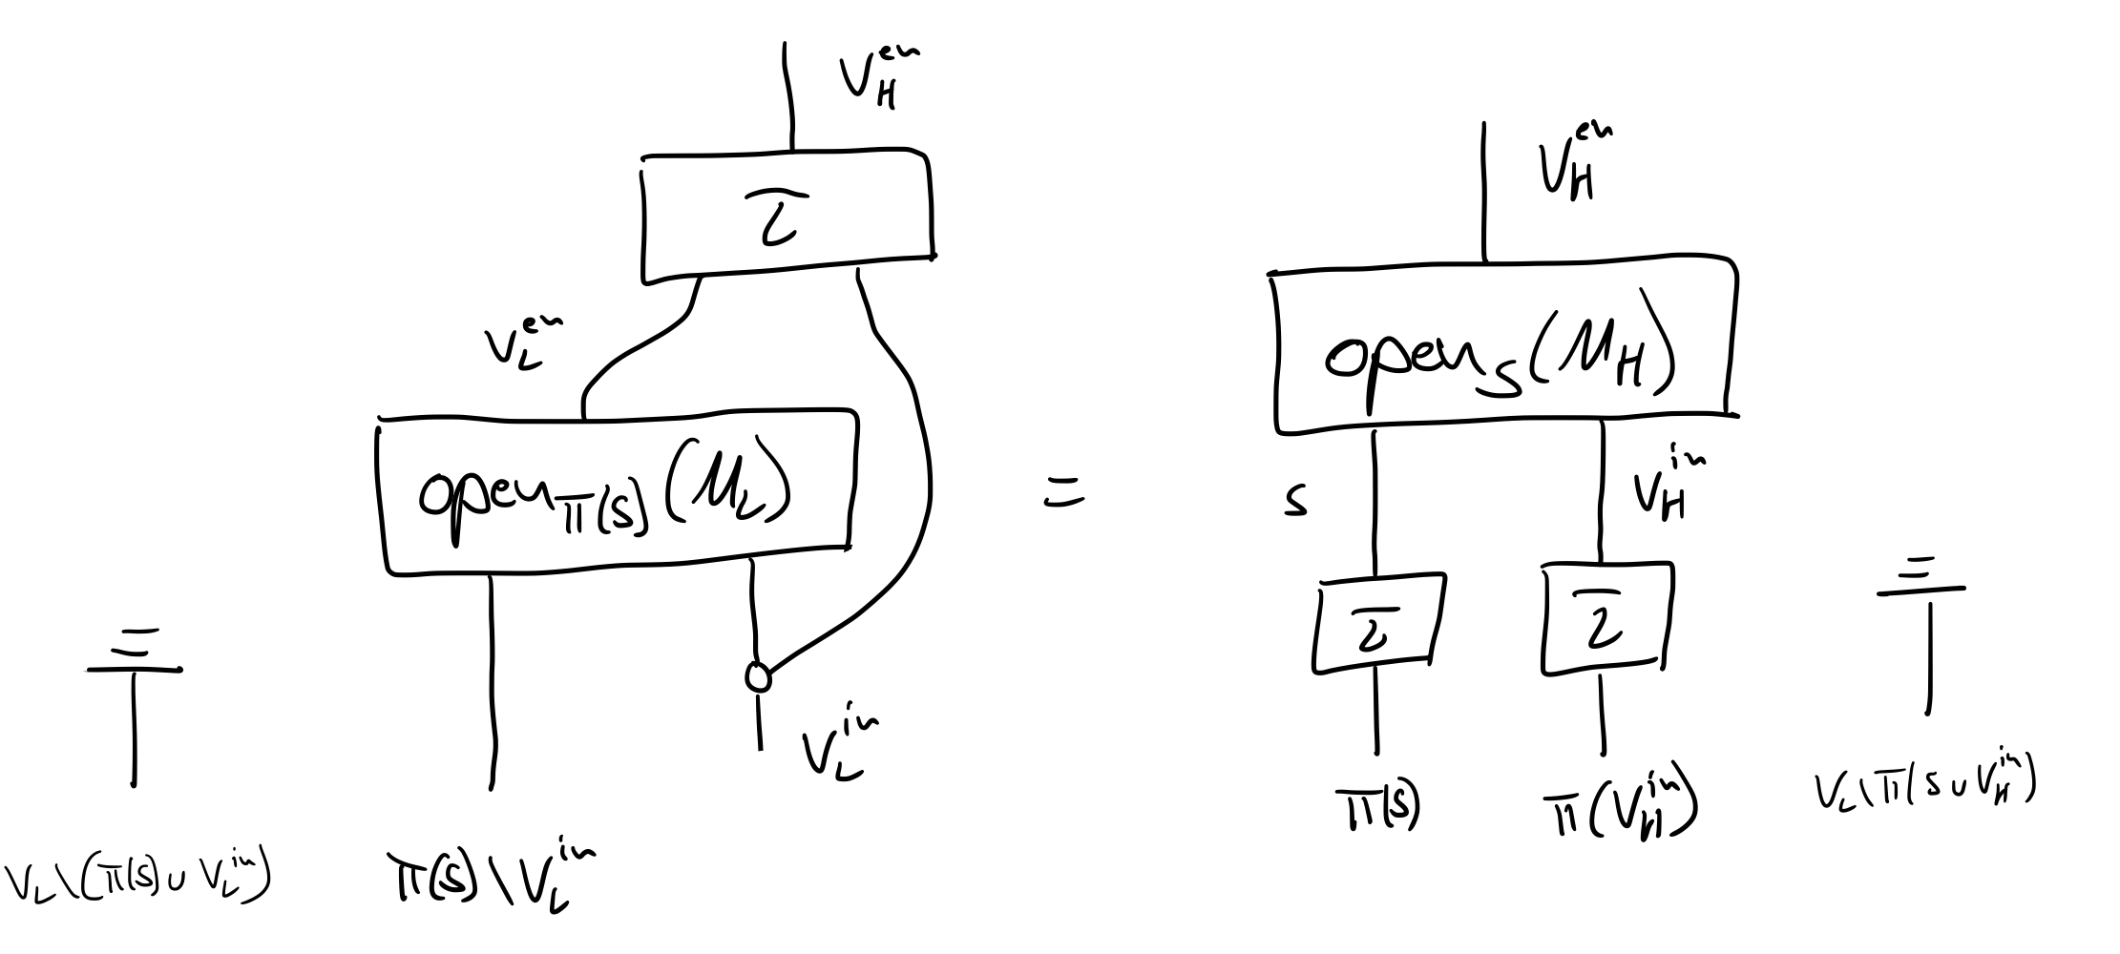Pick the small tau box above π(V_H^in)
[x=1604, y=619]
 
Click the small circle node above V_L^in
[x=758, y=676]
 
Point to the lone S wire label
[x=1294, y=503]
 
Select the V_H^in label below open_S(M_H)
[x=1665, y=489]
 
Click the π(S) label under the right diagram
[x=1375, y=808]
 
